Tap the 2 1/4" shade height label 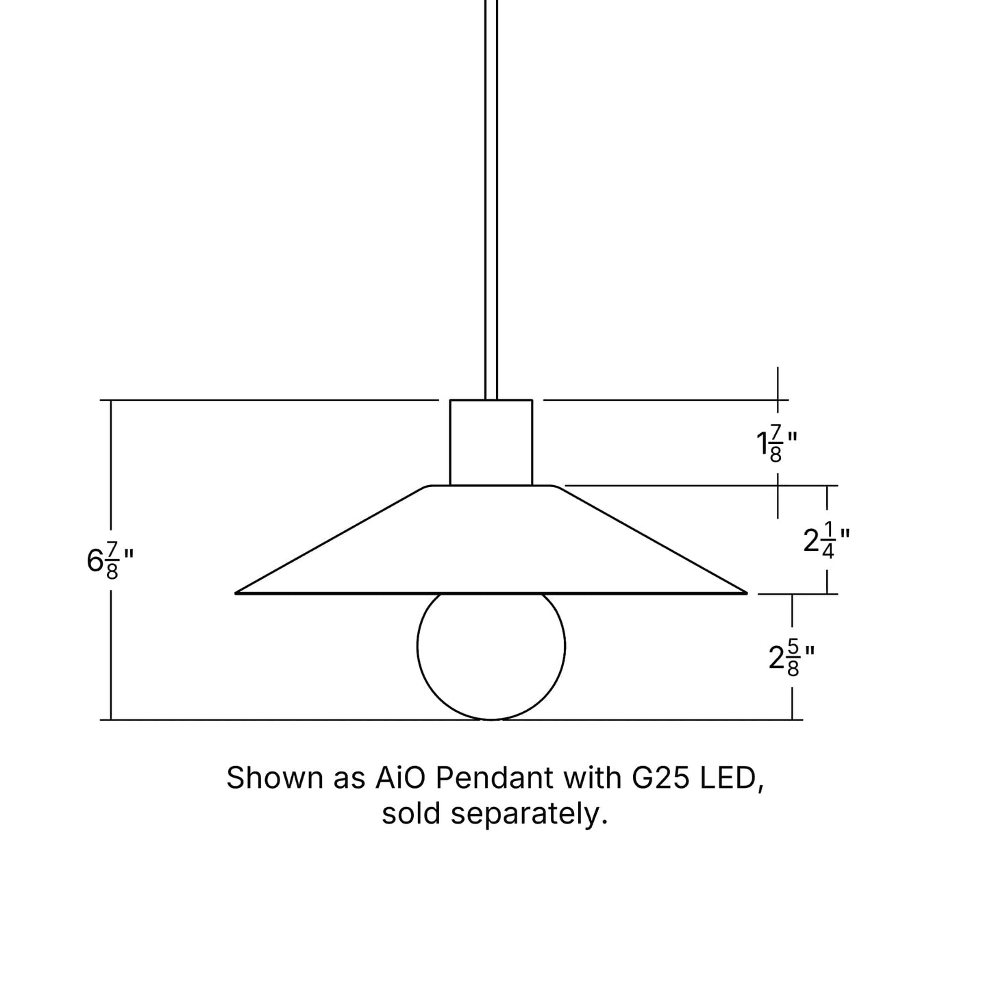[826, 541]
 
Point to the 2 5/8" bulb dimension [791, 658]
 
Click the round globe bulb [491, 647]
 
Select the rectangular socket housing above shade [491, 443]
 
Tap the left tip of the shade [238, 592]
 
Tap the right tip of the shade [745, 592]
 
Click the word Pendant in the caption [494, 778]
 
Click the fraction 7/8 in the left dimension [112, 561]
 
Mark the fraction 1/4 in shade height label [828, 541]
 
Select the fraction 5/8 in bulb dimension [793, 658]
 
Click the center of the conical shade [491, 541]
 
